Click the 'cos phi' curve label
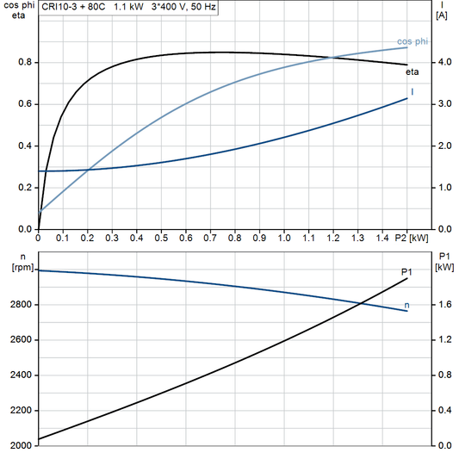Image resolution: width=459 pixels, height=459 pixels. pos(411,40)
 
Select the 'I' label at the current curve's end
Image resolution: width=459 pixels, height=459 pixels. pos(412,92)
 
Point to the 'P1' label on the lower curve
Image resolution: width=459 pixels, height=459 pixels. pos(406,272)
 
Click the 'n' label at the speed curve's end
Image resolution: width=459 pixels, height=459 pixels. pos(406,305)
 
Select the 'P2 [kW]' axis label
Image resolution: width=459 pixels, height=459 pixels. pos(411,237)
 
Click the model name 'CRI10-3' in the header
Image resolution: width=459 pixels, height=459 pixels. pos(59,6)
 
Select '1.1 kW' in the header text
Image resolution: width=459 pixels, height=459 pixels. pos(129,6)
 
